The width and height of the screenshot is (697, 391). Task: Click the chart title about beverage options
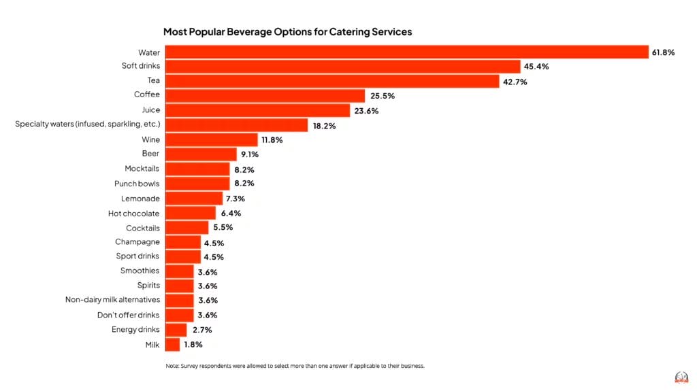click(287, 31)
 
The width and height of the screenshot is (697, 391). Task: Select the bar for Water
click(406, 52)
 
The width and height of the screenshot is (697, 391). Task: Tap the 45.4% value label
click(536, 67)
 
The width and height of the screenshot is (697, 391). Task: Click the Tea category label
click(153, 81)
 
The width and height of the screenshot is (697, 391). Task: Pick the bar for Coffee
click(265, 96)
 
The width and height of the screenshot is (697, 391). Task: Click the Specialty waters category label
click(87, 124)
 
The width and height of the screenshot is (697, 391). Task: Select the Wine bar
click(211, 140)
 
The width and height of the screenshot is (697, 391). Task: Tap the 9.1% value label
click(249, 154)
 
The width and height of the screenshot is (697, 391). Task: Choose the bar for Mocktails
click(197, 169)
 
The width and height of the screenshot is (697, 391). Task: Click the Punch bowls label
click(137, 184)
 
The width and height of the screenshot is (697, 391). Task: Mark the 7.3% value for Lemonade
click(236, 199)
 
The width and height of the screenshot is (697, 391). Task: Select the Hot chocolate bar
click(191, 214)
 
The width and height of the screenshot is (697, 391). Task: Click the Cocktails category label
click(143, 228)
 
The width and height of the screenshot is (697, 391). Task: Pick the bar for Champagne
click(183, 243)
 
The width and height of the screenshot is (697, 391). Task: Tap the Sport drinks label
click(137, 256)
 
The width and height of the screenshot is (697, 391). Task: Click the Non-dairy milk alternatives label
click(112, 300)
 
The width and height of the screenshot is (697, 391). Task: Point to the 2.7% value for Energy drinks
click(202, 330)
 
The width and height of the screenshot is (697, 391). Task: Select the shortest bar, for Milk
click(172, 345)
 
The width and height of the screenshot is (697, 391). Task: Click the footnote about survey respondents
click(295, 366)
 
